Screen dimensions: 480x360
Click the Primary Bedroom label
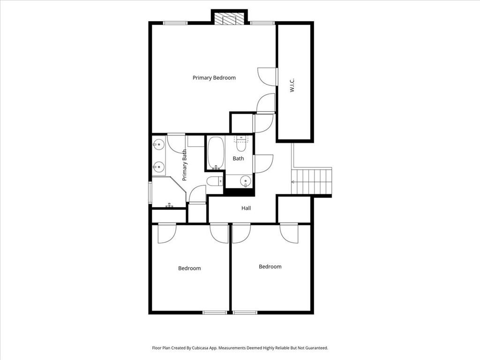click(x=214, y=78)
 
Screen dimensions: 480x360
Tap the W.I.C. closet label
click(x=292, y=85)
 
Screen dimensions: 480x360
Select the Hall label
click(x=246, y=208)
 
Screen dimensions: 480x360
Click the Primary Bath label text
click(x=184, y=165)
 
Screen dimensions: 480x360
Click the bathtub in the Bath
click(x=216, y=153)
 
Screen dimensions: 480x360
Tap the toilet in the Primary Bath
click(x=215, y=181)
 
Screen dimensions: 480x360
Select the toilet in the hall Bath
click(x=241, y=145)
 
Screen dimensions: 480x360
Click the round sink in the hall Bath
click(x=246, y=181)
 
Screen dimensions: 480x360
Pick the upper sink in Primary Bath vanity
click(x=159, y=144)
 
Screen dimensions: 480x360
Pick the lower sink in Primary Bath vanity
click(x=159, y=167)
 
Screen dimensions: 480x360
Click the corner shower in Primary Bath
click(x=169, y=192)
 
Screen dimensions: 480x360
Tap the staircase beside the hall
click(x=311, y=182)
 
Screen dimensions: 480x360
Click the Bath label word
click(x=239, y=158)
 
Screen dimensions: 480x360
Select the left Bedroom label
click(x=189, y=269)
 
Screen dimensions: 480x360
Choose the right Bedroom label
click(x=270, y=267)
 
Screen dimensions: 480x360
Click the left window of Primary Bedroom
click(x=175, y=23)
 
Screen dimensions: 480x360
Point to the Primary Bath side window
click(x=150, y=193)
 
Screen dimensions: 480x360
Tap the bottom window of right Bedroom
click(x=245, y=313)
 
